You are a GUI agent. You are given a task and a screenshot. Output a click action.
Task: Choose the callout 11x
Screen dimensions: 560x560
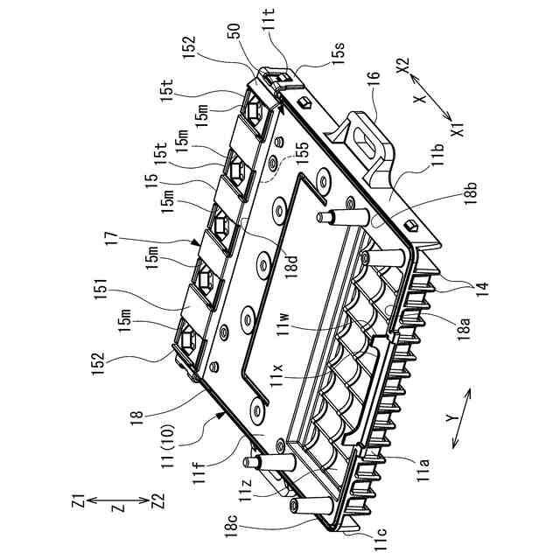click(x=276, y=372)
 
